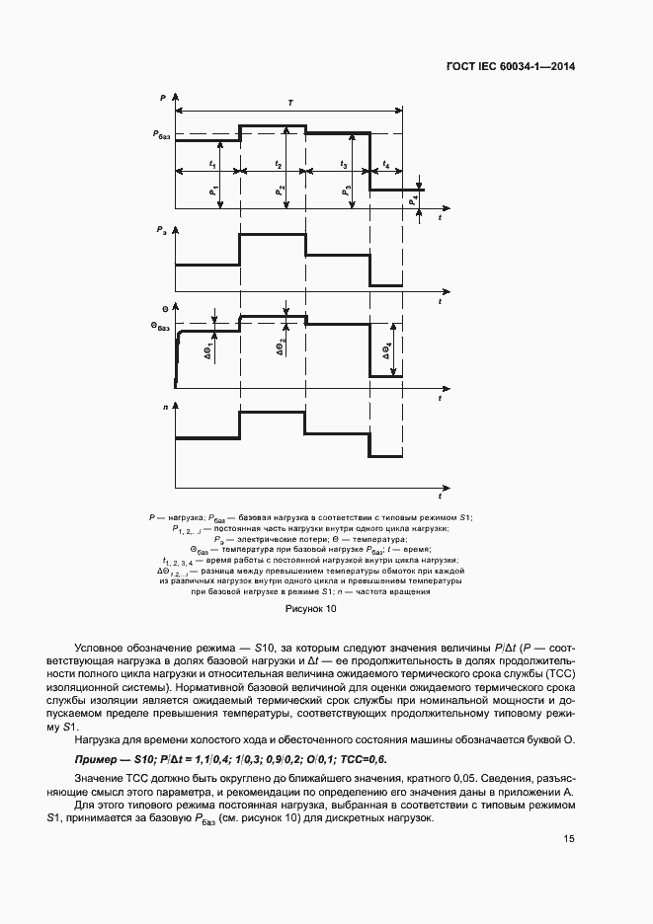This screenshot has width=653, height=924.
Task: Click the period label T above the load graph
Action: click(x=288, y=102)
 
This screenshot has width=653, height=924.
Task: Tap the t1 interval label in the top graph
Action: click(x=213, y=163)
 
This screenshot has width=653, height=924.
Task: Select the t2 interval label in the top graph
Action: click(x=279, y=163)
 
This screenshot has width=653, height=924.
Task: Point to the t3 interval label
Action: click(x=343, y=163)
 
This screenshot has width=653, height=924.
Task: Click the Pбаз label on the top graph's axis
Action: click(x=162, y=133)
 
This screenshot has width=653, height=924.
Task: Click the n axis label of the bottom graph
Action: click(x=162, y=406)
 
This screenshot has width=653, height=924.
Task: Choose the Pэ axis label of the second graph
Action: click(x=161, y=230)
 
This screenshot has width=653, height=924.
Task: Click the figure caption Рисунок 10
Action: click(x=311, y=609)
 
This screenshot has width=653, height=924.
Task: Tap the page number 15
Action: click(x=568, y=838)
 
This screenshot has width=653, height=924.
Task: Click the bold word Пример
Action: click(x=96, y=759)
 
